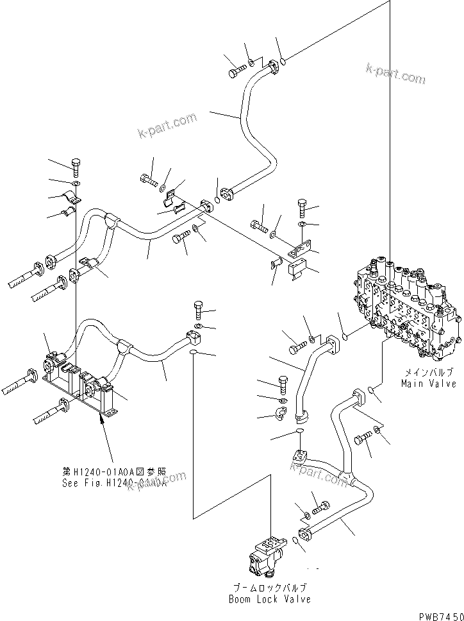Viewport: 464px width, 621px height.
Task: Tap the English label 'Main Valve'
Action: point(429,384)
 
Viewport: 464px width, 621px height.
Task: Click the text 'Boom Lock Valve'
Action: point(269,599)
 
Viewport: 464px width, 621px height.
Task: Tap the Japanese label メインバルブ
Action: point(429,372)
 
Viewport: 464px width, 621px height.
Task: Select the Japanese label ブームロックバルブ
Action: point(269,587)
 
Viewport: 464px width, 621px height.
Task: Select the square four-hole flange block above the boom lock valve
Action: point(300,457)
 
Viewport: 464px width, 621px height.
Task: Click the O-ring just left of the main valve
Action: point(344,336)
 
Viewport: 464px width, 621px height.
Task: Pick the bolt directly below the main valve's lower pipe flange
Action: point(363,441)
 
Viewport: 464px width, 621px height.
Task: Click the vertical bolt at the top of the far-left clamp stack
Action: point(76,167)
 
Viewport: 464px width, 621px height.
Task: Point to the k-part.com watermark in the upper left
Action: point(167,126)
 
